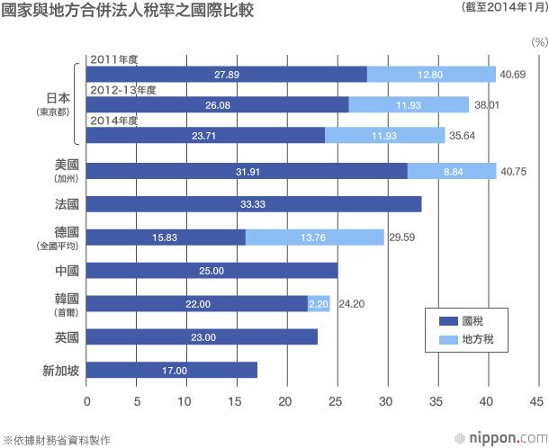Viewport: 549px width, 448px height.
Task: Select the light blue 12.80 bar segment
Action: tap(431, 74)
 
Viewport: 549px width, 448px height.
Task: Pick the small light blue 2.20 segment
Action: tap(319, 304)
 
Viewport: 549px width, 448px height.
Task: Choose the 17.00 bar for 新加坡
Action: tap(172, 370)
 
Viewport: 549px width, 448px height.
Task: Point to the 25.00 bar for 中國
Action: tap(212, 271)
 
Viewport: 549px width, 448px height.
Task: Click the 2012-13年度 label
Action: tap(123, 90)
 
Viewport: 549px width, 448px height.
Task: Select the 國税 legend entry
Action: tap(464, 321)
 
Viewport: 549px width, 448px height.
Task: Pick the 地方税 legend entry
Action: tap(468, 341)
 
